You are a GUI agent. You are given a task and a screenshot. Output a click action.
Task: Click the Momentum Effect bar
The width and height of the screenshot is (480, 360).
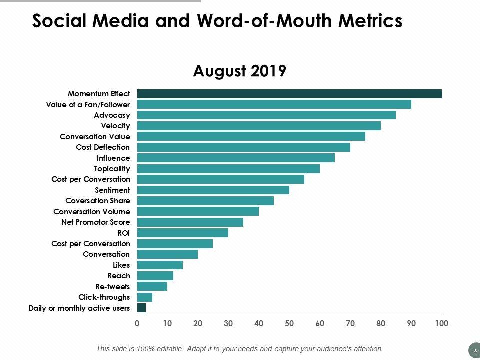point(289,94)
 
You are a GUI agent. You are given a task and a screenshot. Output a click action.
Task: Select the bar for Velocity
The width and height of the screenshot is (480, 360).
point(259,126)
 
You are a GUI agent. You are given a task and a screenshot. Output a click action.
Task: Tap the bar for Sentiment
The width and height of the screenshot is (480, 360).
point(213,190)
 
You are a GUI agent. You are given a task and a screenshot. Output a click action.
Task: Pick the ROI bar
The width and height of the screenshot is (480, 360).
point(182,233)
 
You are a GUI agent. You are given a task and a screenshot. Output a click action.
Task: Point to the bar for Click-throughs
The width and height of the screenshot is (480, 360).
point(144,297)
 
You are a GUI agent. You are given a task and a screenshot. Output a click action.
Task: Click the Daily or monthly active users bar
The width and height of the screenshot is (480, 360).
point(141,308)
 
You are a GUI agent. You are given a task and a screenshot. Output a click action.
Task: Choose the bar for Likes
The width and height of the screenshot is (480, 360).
point(160,265)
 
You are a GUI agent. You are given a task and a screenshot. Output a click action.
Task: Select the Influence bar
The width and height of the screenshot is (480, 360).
point(236,158)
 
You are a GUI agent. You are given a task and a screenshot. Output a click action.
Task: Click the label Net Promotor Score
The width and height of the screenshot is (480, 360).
point(95,222)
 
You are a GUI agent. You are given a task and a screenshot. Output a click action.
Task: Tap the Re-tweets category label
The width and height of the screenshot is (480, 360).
point(113,287)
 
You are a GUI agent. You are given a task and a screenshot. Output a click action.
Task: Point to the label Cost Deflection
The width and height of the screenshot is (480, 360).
point(103,147)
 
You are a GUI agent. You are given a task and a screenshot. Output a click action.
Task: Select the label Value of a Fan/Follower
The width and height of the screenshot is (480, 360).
point(88,105)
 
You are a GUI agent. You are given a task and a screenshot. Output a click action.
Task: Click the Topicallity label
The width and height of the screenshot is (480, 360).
point(112,169)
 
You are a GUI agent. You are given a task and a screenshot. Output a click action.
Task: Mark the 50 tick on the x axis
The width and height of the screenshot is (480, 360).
point(289,323)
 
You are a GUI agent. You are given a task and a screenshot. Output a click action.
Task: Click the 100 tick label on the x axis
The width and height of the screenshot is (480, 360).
point(441,323)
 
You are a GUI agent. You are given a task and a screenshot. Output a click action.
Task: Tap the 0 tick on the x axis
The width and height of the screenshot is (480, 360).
point(137,323)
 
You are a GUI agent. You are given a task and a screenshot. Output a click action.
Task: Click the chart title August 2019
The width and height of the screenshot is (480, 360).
point(239,71)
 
